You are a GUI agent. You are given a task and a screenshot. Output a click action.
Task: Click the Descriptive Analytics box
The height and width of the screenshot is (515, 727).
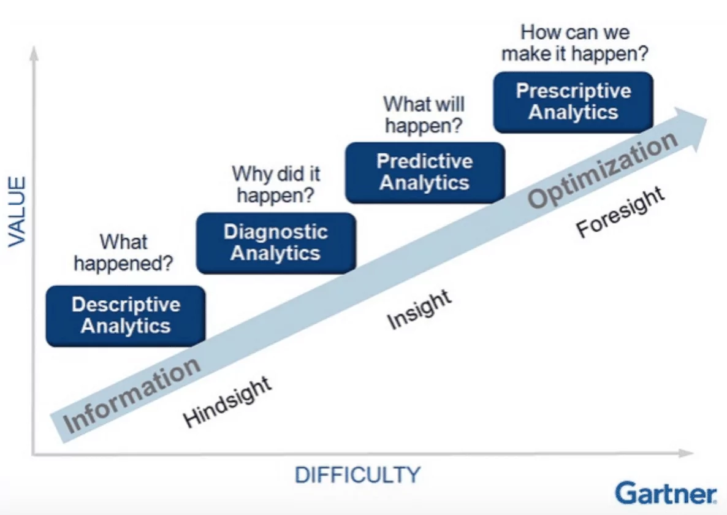click(x=126, y=316)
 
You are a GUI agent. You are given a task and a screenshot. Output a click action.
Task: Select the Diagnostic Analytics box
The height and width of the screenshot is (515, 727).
click(x=276, y=243)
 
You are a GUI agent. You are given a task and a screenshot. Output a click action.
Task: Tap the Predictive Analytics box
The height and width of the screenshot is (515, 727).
click(x=425, y=172)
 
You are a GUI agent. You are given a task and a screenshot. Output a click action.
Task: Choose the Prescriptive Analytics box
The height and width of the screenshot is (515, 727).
click(x=573, y=102)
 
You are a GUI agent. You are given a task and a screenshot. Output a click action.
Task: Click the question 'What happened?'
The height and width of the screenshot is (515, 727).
click(x=123, y=253)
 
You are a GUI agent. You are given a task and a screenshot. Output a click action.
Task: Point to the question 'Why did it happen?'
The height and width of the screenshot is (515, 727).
click(x=276, y=185)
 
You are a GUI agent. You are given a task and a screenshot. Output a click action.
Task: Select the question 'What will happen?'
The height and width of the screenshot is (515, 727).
click(x=424, y=115)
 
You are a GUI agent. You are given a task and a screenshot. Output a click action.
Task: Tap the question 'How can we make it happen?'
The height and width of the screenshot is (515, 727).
click(x=574, y=43)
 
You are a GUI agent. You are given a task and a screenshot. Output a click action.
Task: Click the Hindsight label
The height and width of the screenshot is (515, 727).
click(x=227, y=402)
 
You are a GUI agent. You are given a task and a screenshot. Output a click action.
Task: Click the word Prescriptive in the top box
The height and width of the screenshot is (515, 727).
click(x=573, y=91)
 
